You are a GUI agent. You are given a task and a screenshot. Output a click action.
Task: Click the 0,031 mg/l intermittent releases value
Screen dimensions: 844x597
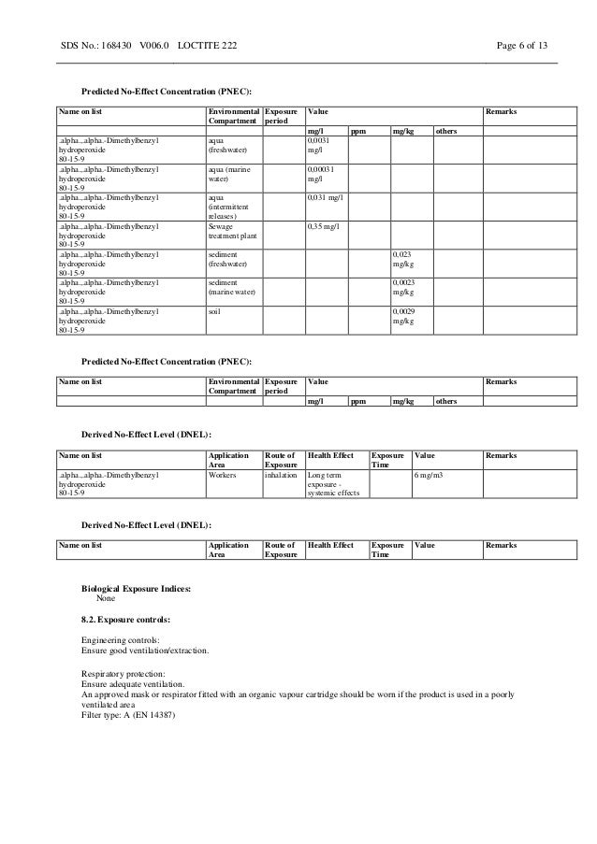click(325, 198)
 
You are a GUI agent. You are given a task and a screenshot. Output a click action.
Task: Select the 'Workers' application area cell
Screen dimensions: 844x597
click(222, 475)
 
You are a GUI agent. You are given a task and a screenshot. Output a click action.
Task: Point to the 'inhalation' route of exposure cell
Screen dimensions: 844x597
click(281, 475)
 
